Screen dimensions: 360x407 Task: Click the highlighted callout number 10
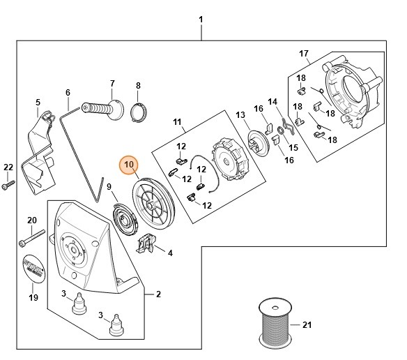click(x=129, y=165)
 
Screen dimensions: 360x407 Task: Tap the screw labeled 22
click(x=8, y=187)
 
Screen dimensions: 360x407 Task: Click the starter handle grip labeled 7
click(x=100, y=110)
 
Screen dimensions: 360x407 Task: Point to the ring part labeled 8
click(x=139, y=110)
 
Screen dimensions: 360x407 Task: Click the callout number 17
click(x=303, y=54)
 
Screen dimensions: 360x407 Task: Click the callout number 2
click(x=158, y=294)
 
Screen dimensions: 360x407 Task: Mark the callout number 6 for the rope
click(x=68, y=92)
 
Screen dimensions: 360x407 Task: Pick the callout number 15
click(x=293, y=147)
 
